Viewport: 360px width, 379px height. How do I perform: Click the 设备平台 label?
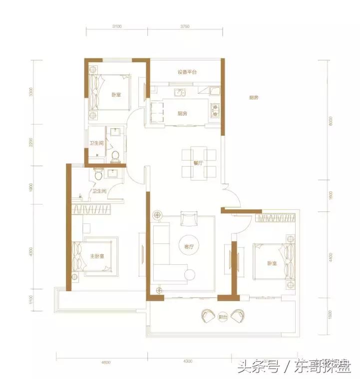(x=187, y=72)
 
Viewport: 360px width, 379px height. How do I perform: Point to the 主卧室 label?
(x=96, y=256)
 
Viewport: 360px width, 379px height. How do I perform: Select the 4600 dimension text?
(x=104, y=363)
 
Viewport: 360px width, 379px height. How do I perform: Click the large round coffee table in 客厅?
(x=187, y=244)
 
